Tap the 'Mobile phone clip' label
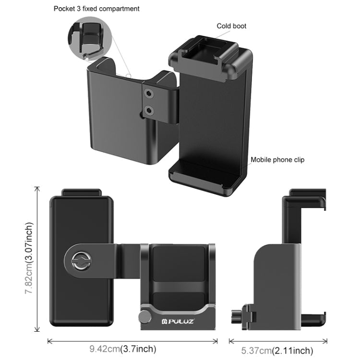277,160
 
